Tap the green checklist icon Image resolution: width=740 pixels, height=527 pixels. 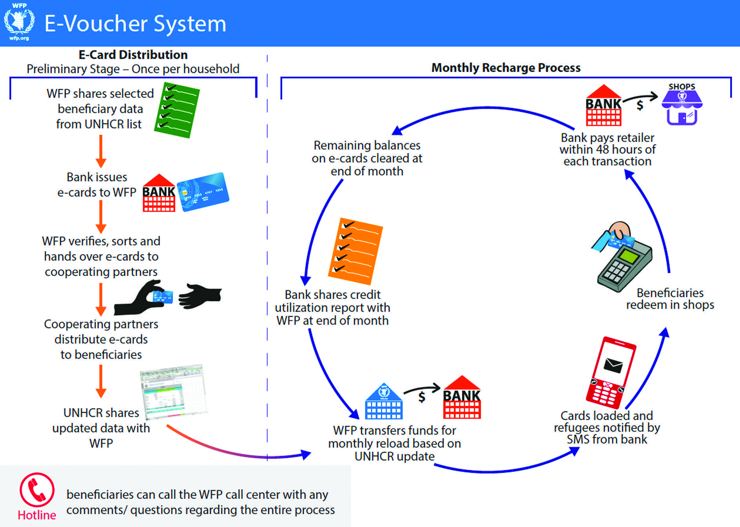(x=177, y=110)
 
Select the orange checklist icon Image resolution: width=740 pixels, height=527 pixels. (x=355, y=251)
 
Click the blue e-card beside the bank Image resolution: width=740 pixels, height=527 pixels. (x=203, y=192)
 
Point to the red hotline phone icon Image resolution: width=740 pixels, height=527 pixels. (x=37, y=490)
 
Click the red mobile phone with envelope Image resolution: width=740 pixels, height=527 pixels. (x=611, y=373)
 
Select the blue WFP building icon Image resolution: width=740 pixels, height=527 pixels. (x=383, y=402)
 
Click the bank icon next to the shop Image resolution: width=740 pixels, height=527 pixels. (x=603, y=105)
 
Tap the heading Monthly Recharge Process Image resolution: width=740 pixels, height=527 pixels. (x=506, y=68)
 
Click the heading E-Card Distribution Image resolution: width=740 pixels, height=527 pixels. (x=133, y=55)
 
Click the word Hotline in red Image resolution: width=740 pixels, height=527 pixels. (x=37, y=515)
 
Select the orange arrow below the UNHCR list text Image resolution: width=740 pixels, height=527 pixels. (x=101, y=151)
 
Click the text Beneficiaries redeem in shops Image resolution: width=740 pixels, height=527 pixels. (x=670, y=299)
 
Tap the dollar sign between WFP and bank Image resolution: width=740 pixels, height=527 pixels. (x=422, y=397)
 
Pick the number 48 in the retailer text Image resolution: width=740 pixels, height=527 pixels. (x=602, y=149)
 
